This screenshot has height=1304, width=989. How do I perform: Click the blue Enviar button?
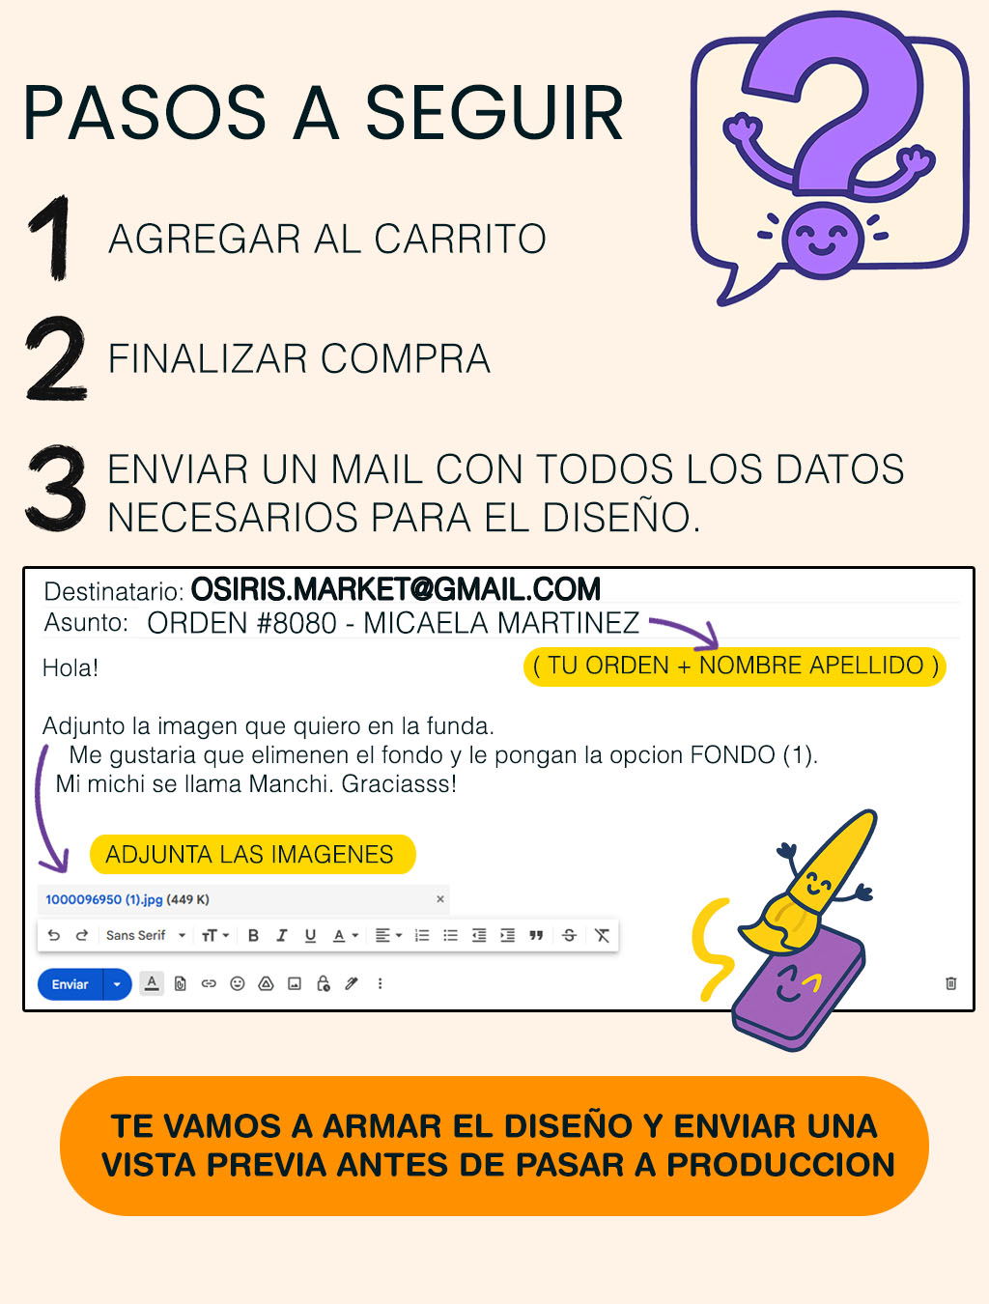71,983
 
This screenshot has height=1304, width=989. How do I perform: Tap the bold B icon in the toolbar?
253,936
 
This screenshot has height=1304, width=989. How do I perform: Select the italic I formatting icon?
282,936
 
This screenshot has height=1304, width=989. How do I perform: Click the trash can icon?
950,983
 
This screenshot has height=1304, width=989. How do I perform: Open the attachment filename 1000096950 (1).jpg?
104,899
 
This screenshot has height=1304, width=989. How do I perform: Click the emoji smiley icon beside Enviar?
237,983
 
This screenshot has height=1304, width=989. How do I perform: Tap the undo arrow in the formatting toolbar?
53,936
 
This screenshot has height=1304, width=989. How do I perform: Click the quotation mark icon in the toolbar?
536,936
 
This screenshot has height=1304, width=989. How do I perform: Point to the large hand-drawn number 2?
56,358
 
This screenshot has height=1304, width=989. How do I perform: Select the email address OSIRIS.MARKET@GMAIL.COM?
396,589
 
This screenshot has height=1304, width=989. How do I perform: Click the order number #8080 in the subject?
297,623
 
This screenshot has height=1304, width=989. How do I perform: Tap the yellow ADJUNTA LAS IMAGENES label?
252,854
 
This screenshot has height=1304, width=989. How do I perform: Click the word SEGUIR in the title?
494,113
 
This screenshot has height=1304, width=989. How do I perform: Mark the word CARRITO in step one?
460,239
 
